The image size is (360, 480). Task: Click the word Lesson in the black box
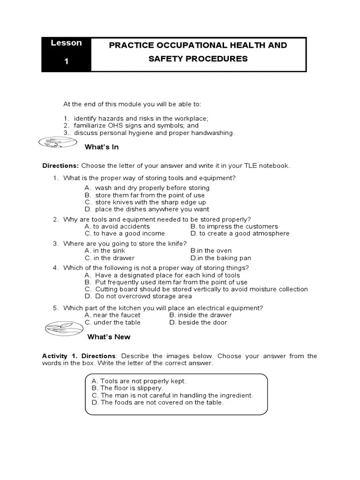click(x=66, y=43)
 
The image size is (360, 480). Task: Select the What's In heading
click(x=101, y=147)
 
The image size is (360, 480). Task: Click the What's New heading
click(x=109, y=337)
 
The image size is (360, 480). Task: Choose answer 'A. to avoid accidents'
click(x=117, y=226)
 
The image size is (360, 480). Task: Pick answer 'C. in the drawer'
click(x=109, y=258)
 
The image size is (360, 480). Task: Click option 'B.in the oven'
click(x=211, y=251)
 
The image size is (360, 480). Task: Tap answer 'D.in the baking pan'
click(x=221, y=258)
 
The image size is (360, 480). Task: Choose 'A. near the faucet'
click(x=112, y=315)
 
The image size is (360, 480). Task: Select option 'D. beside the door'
click(x=198, y=322)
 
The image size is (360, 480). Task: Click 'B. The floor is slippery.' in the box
click(x=127, y=388)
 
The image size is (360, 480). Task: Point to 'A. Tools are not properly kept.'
click(x=139, y=381)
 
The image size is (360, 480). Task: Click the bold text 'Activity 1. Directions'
click(x=78, y=356)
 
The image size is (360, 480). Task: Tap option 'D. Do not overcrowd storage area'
click(x=138, y=296)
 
